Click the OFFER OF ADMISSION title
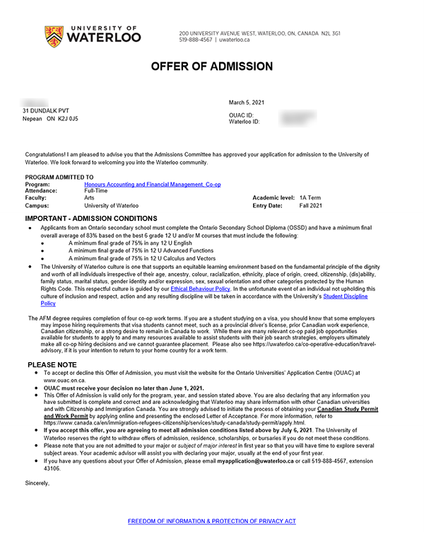coord(211,67)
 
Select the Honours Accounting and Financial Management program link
coord(152,184)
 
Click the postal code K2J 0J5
coord(68,119)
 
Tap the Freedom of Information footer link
coord(211,521)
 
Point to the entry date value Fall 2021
coord(310,205)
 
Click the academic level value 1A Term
coord(310,198)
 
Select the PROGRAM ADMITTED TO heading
coord(59,177)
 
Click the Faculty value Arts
coord(89,198)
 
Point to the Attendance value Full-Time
coord(95,191)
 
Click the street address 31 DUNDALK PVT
coord(47,111)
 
